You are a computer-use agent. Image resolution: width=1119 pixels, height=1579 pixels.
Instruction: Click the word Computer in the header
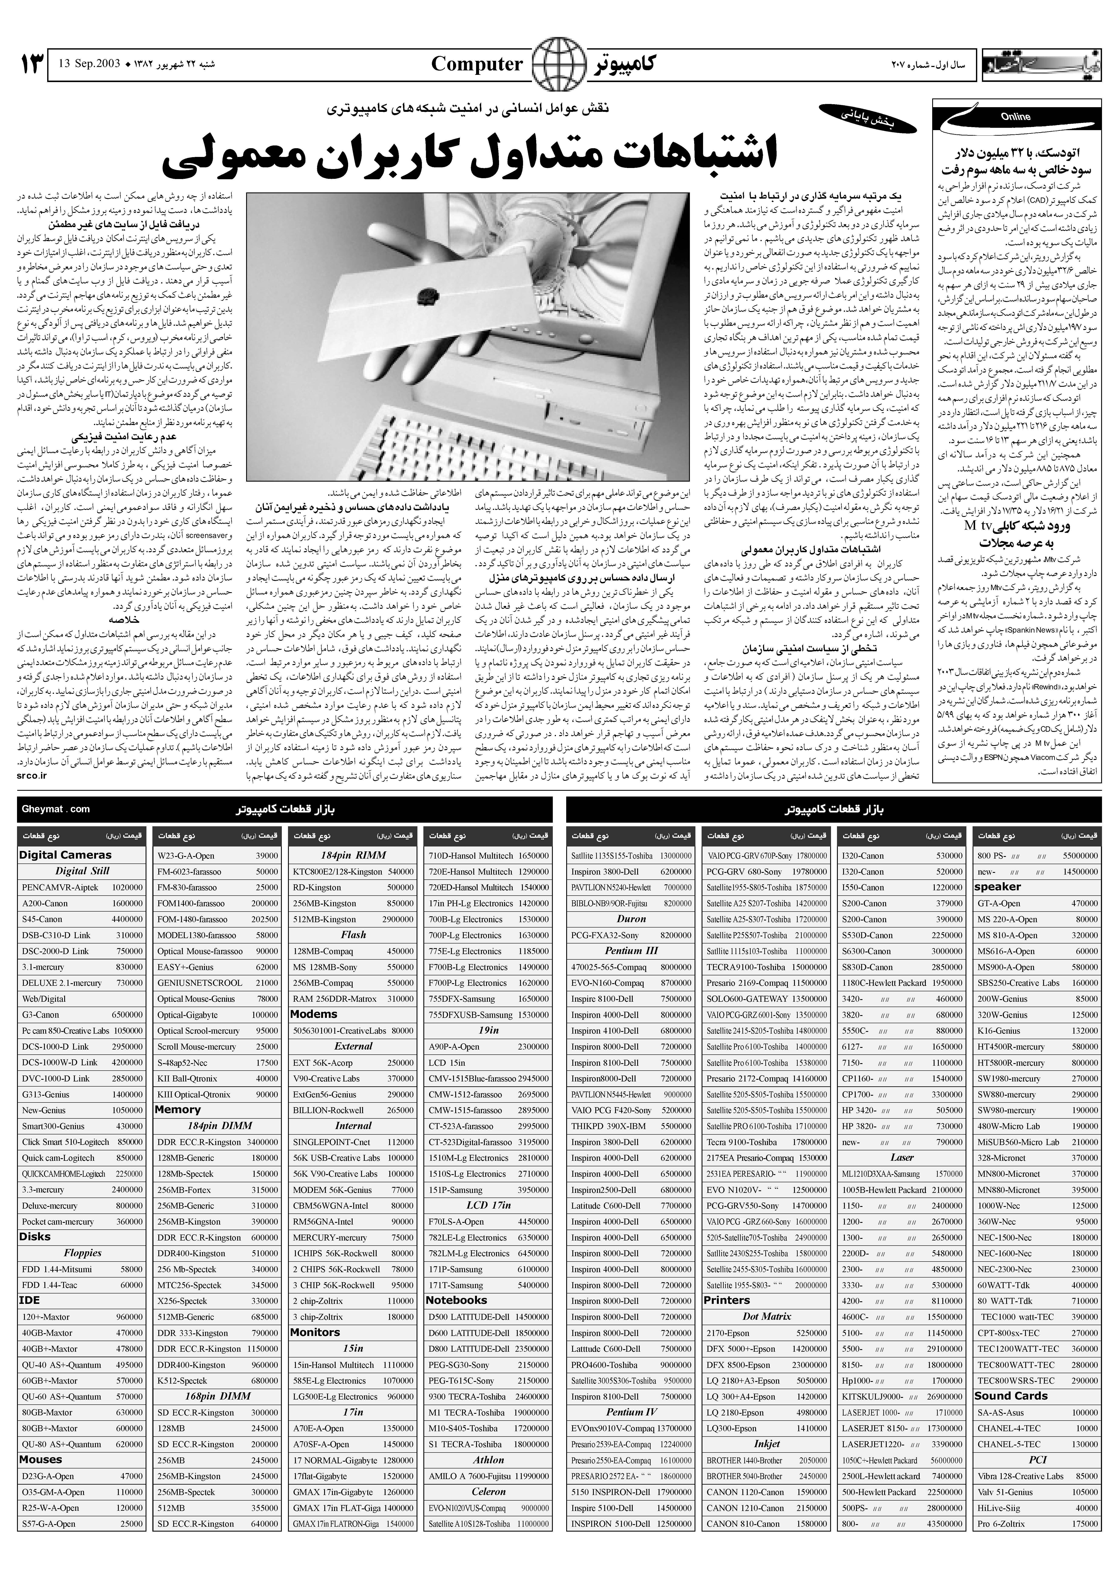click(477, 65)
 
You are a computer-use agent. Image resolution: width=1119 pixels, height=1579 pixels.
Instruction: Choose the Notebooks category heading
click(456, 1300)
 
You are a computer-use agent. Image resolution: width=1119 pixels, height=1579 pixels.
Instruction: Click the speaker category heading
click(997, 887)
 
